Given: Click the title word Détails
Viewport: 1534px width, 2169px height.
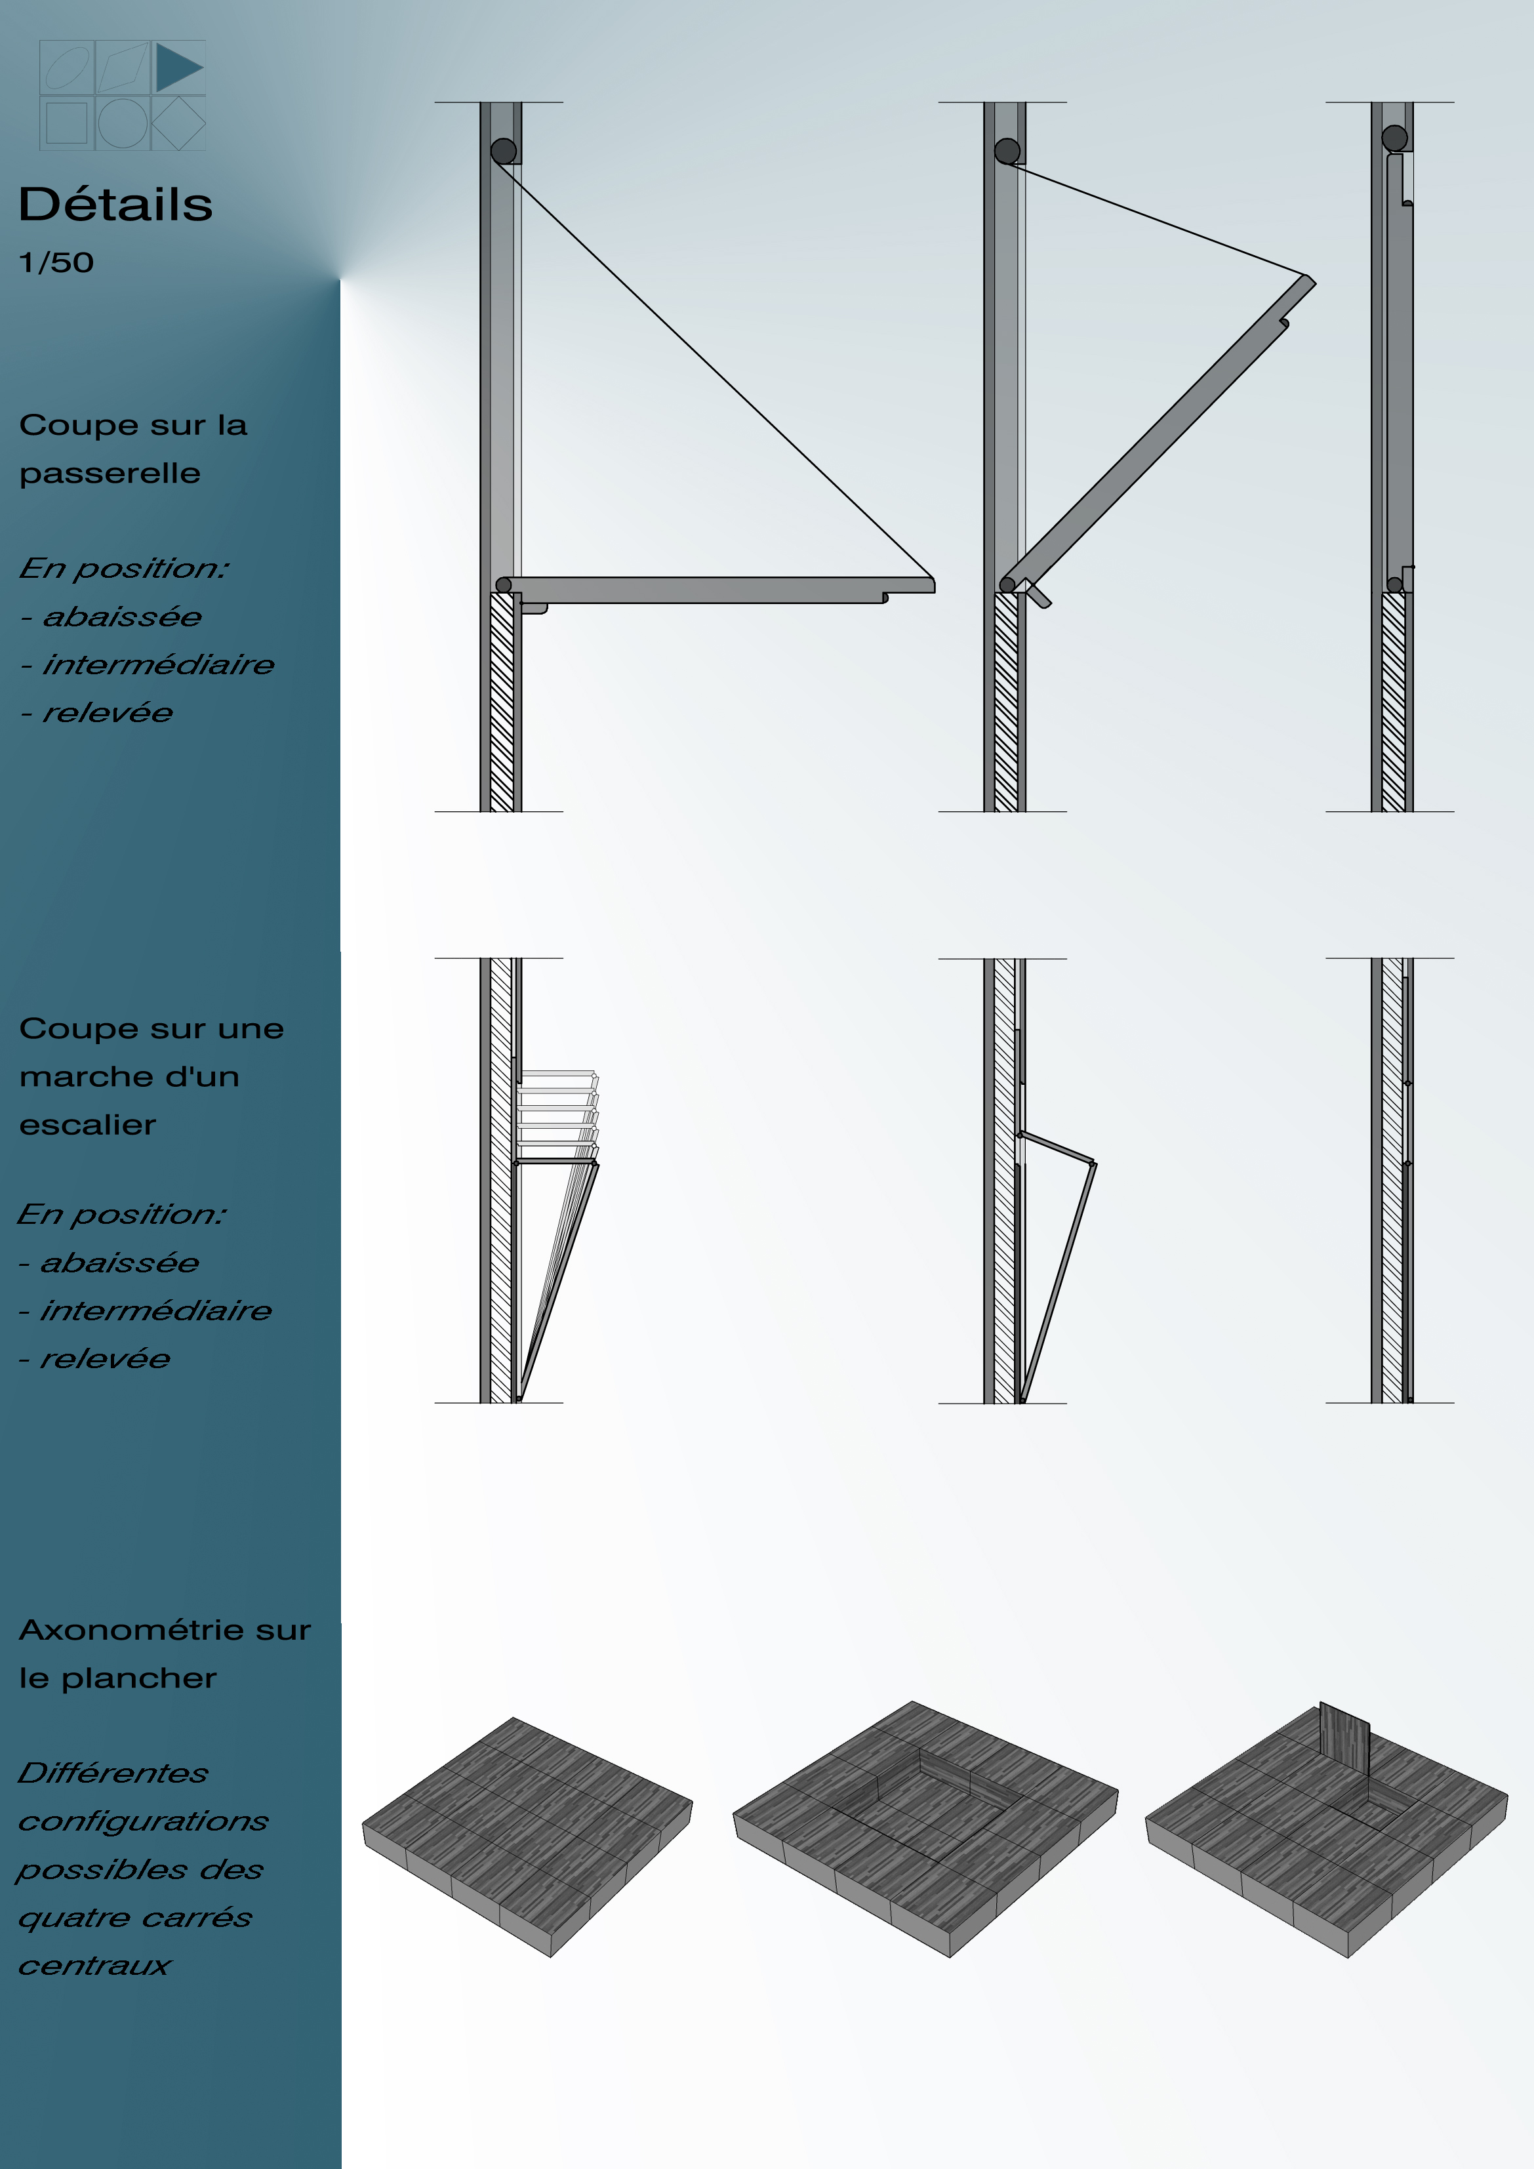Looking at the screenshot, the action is click(115, 204).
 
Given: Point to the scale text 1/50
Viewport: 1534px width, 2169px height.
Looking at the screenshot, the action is click(56, 262).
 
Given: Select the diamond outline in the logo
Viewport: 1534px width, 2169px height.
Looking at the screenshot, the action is click(178, 123).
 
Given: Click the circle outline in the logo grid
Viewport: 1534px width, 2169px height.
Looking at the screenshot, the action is click(123, 123).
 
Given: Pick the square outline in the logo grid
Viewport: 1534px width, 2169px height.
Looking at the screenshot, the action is click(66, 123).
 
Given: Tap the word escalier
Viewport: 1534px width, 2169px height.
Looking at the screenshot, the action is click(88, 1125).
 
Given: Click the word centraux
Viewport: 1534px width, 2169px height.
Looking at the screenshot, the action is click(94, 1966).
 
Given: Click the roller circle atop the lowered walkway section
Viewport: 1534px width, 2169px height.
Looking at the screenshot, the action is click(504, 150).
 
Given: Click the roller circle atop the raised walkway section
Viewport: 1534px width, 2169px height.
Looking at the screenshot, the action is click(1395, 138).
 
